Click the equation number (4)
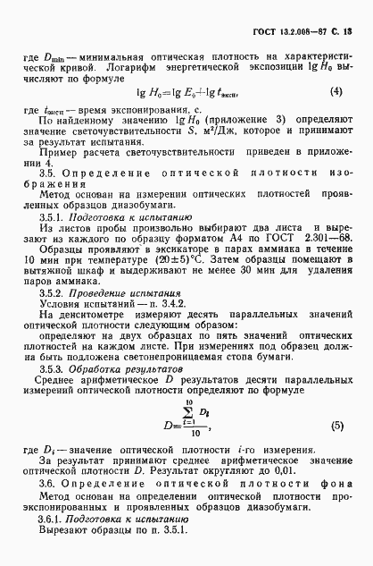point(336,90)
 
